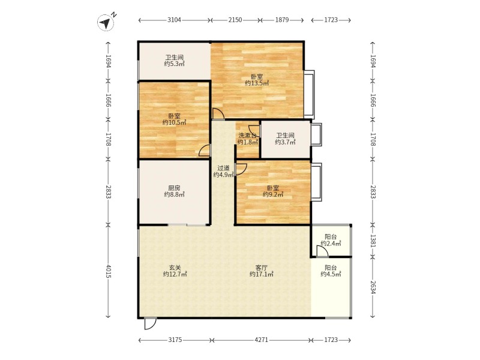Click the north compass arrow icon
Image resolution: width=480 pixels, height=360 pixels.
click(106, 22)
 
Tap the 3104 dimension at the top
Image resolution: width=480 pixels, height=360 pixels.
click(174, 20)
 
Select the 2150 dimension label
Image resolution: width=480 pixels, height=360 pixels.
click(235, 20)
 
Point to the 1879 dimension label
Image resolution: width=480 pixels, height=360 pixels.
click(282, 20)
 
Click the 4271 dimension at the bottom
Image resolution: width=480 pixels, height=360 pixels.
click(262, 340)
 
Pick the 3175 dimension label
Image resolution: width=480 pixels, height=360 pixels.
click(175, 340)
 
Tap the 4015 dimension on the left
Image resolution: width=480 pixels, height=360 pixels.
click(108, 271)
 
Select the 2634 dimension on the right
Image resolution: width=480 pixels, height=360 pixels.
click(373, 287)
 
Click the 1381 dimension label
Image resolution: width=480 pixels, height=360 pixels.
click(373, 241)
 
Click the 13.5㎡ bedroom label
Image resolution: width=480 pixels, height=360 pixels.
click(257, 80)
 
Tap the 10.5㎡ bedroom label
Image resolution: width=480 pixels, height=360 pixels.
click(174, 119)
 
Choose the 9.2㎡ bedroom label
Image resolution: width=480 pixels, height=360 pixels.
click(273, 191)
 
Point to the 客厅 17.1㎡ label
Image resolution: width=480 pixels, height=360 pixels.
click(261, 271)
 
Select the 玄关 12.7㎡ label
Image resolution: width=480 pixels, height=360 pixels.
click(175, 271)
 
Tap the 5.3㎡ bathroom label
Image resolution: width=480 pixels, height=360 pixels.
click(174, 61)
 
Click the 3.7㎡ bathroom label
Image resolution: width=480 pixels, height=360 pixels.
click(285, 139)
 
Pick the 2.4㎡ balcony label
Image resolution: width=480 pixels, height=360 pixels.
click(331, 240)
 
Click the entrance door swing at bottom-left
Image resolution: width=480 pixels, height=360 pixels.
click(150, 323)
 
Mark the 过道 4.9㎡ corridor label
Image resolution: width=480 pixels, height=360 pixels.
click(223, 172)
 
